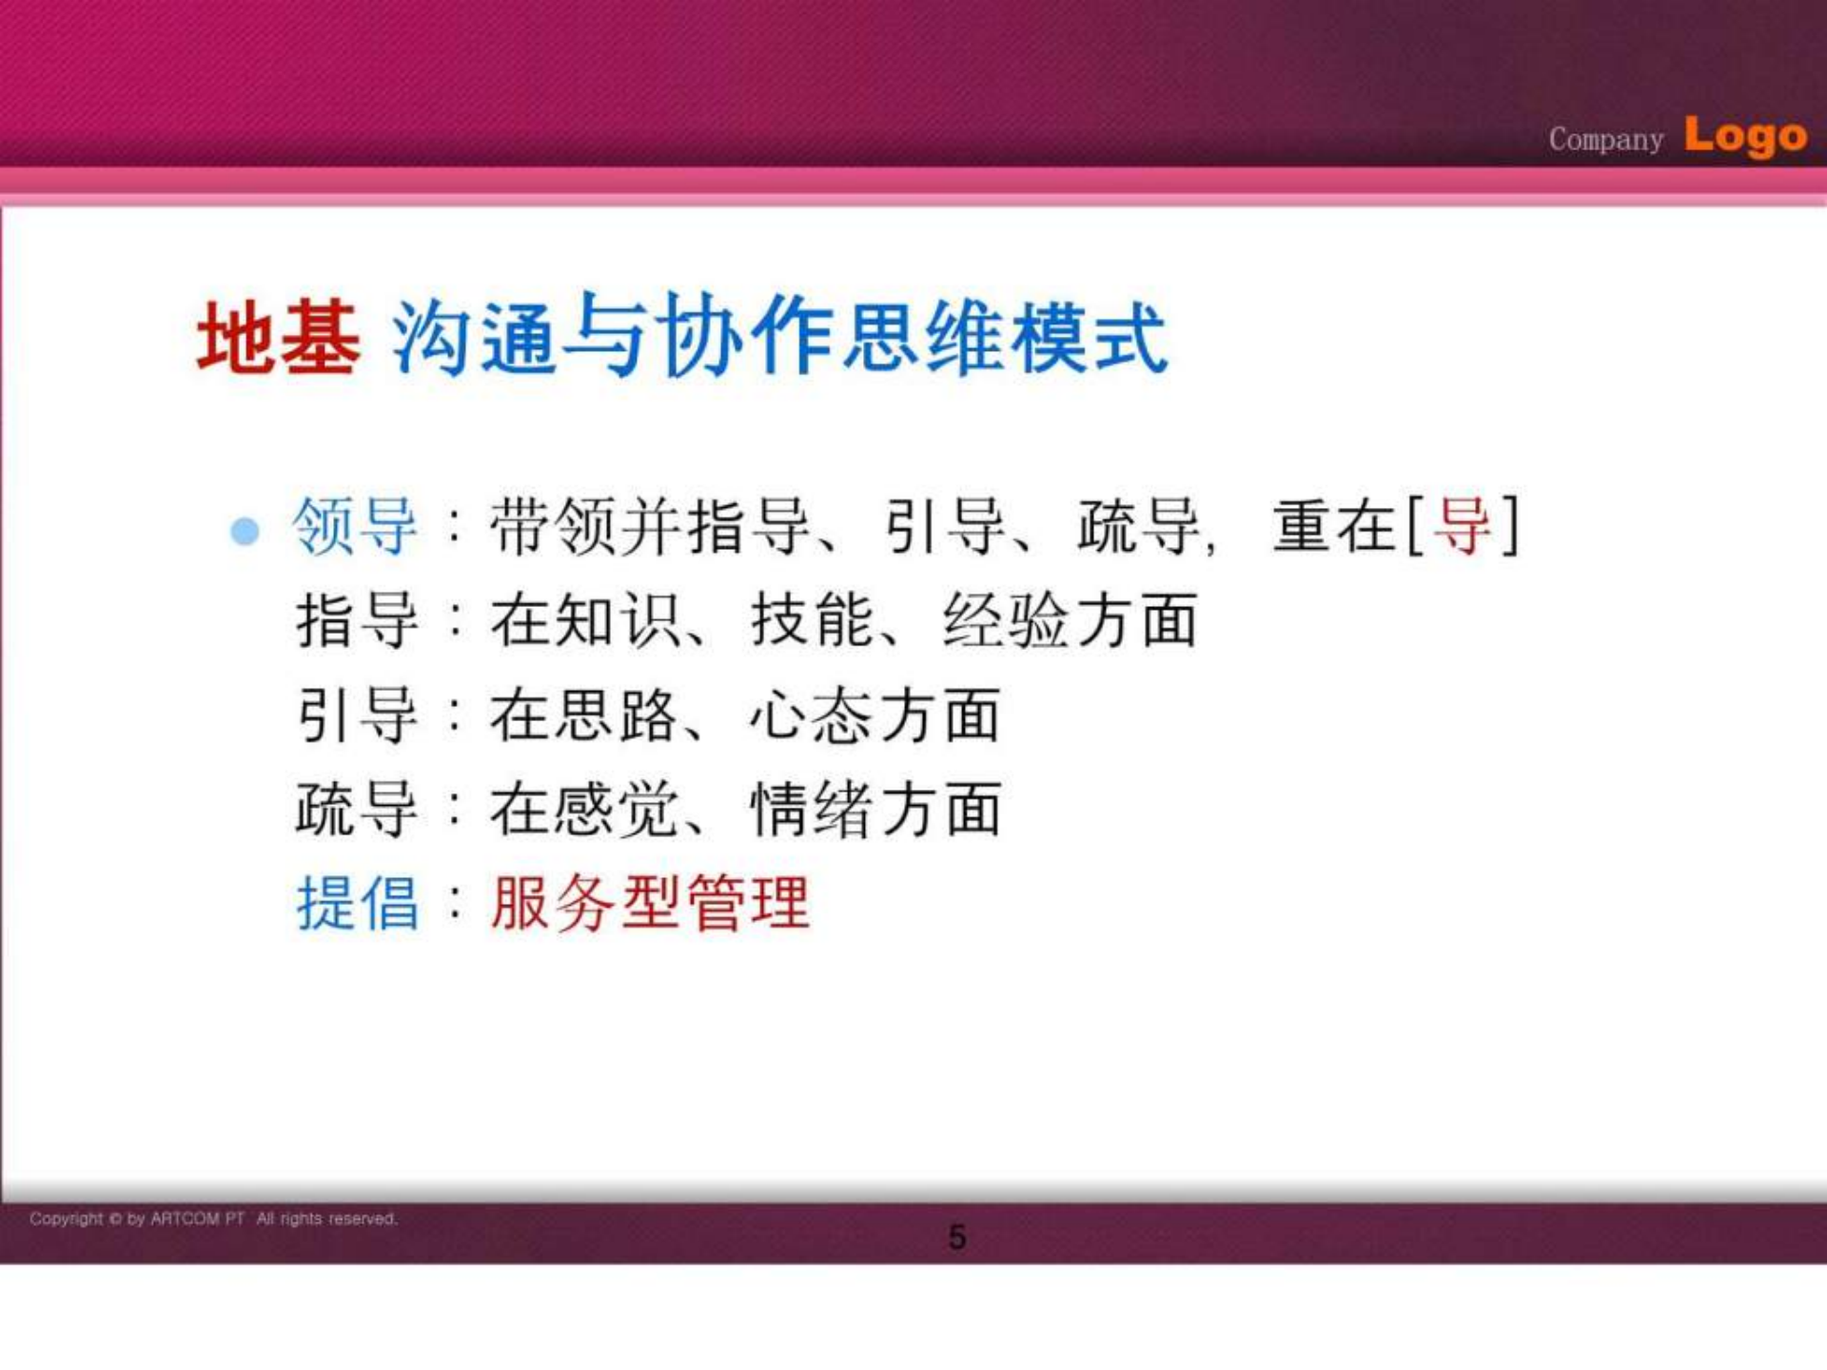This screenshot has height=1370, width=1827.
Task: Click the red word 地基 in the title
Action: (278, 338)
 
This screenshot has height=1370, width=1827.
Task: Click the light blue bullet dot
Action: (245, 530)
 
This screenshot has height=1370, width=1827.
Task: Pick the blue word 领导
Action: (355, 526)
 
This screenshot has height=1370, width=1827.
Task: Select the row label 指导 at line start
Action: (357, 620)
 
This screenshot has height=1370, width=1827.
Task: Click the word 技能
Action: (812, 620)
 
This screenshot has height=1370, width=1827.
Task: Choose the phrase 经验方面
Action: (1070, 620)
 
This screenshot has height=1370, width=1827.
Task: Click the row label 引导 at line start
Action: (357, 715)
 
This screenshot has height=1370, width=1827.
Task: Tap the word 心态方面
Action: (874, 715)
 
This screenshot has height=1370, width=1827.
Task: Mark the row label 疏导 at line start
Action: (357, 810)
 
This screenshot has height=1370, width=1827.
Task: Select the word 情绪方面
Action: (875, 810)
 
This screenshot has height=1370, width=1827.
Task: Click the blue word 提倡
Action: (357, 903)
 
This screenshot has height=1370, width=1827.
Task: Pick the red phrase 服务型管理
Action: (650, 903)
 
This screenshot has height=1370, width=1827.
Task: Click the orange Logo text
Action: (1745, 136)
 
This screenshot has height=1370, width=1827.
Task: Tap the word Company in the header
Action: (1605, 140)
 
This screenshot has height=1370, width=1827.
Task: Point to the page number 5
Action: (957, 1237)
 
